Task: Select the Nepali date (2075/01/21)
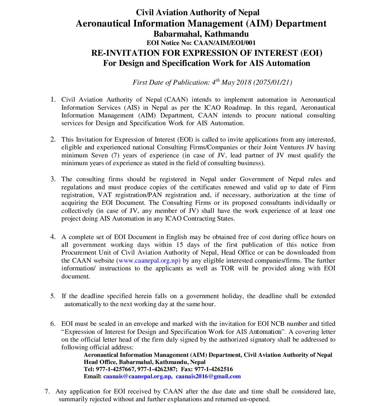click(272, 82)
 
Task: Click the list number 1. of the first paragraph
click(53, 100)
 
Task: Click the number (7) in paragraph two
click(115, 155)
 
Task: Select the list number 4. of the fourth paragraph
click(53, 237)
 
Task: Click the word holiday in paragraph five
click(232, 296)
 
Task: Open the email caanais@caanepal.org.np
click(137, 376)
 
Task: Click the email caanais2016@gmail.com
click(208, 376)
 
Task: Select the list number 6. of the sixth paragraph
click(53, 324)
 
